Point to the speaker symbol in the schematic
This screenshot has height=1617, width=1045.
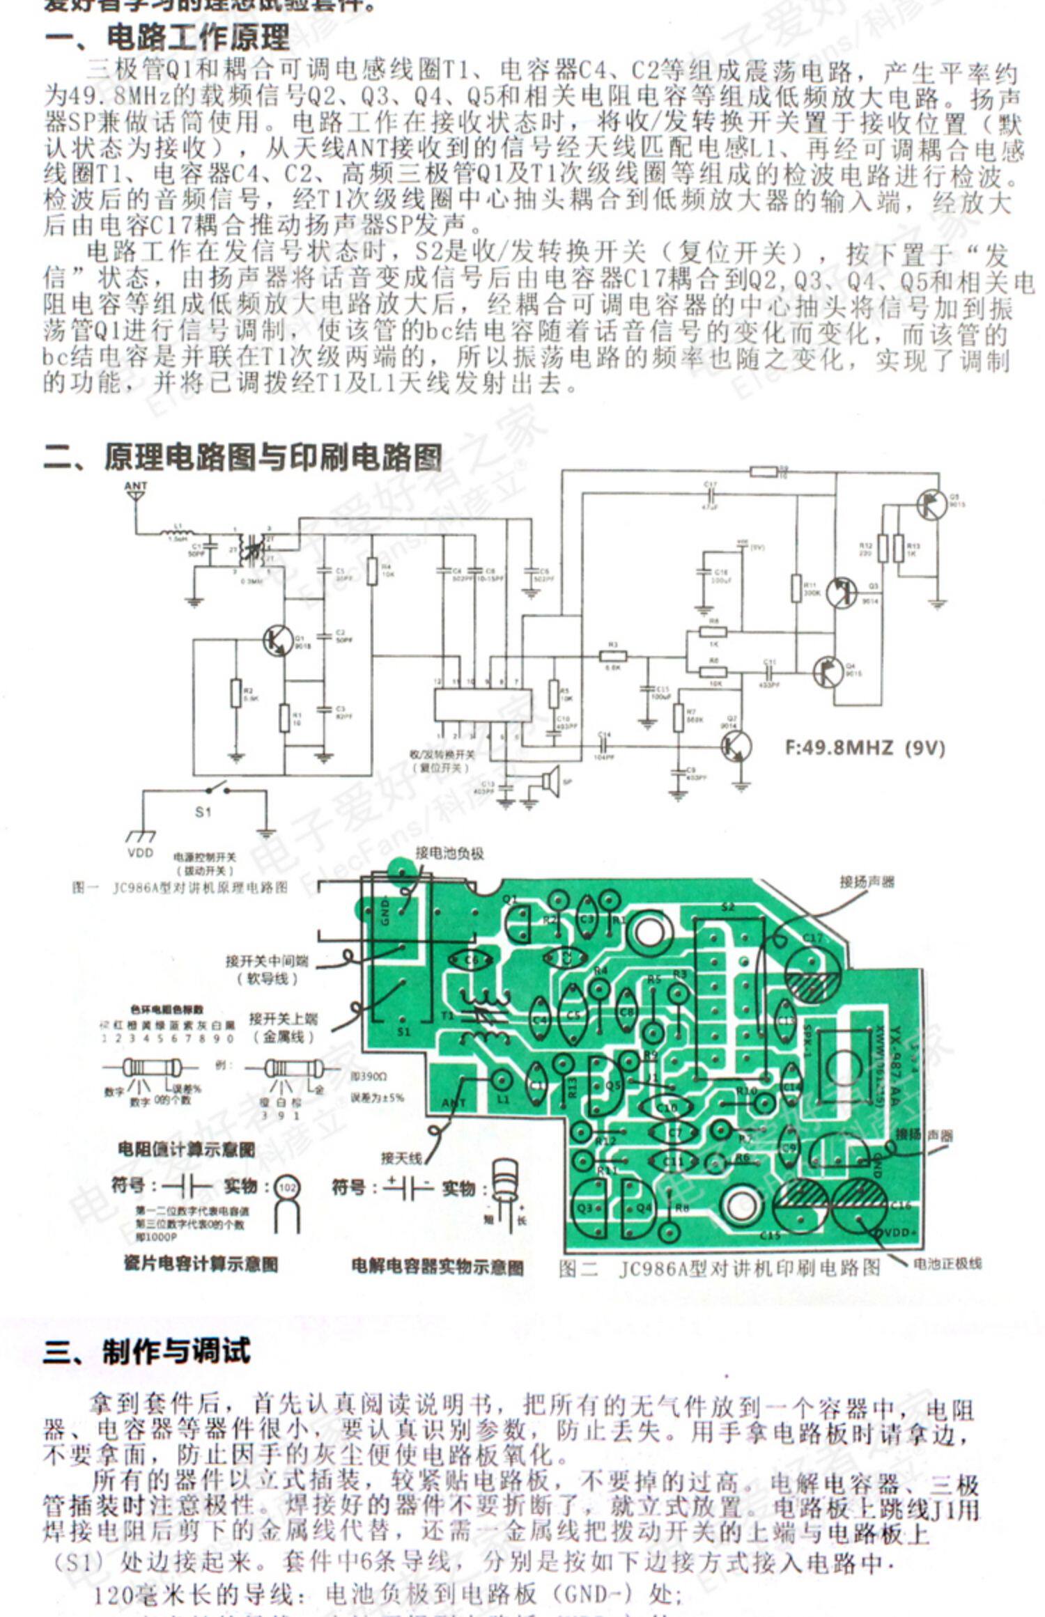[550, 782]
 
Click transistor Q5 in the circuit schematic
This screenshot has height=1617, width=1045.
[931, 505]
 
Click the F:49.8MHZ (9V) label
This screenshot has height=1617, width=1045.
[865, 748]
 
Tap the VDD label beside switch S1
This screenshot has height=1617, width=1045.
[140, 852]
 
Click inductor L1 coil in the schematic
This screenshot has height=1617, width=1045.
[172, 535]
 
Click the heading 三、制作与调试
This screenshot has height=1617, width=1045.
[146, 1351]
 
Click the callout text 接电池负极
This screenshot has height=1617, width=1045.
[449, 853]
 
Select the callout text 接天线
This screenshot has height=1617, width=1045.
[401, 1157]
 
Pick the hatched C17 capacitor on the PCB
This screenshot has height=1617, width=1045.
[814, 974]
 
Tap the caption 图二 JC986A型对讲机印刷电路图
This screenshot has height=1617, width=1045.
[720, 1268]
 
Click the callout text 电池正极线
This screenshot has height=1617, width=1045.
[947, 1263]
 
